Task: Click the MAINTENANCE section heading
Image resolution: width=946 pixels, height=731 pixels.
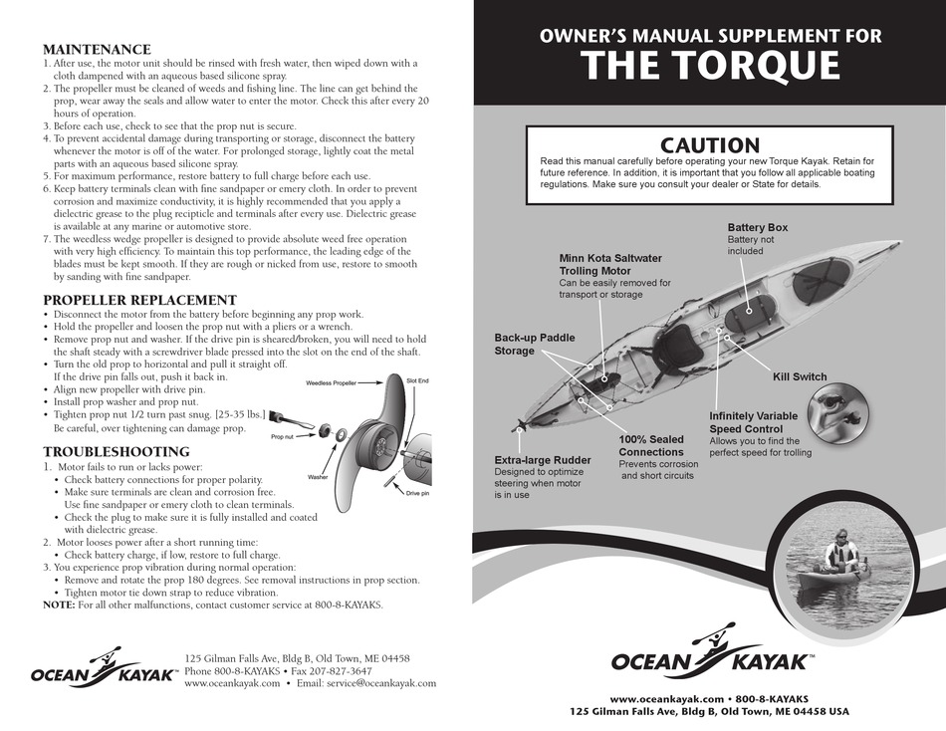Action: tap(97, 49)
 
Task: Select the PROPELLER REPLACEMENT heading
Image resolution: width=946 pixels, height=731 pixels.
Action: tap(139, 300)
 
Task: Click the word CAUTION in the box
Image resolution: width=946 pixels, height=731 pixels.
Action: tap(710, 146)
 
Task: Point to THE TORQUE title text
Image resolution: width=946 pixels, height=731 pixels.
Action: tap(710, 66)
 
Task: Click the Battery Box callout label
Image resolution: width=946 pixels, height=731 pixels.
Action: tap(757, 228)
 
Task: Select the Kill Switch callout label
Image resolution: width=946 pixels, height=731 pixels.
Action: tap(800, 377)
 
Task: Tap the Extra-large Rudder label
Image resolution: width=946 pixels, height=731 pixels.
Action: tap(543, 460)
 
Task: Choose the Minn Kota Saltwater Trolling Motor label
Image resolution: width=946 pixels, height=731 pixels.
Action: tap(609, 264)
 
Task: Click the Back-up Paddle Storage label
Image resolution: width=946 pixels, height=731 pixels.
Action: tap(535, 345)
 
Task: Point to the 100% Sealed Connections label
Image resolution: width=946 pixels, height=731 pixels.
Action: tap(651, 446)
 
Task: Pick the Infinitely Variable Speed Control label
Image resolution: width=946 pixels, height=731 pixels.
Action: tap(753, 422)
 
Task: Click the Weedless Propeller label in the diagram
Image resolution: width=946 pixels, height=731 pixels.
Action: tap(331, 382)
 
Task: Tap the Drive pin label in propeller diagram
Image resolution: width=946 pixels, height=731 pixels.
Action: tap(417, 493)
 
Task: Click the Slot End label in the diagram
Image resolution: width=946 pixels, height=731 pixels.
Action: tap(417, 380)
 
